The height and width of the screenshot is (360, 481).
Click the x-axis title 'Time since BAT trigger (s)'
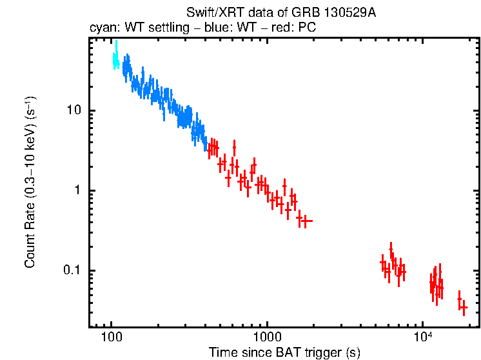[284, 353]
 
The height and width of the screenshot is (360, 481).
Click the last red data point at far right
[464, 309]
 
